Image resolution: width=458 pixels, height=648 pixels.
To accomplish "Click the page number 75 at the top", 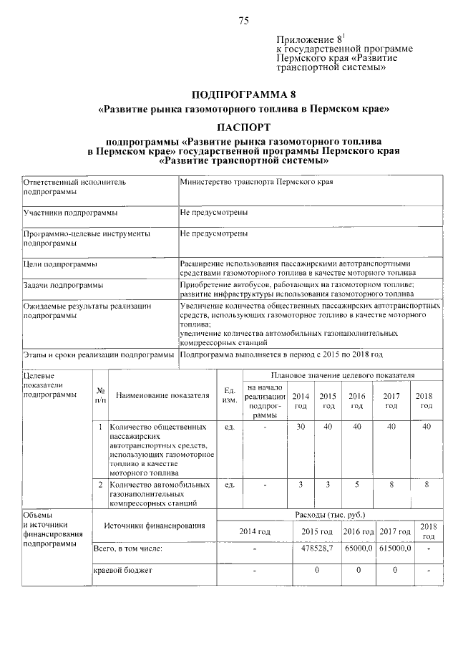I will tap(243, 21).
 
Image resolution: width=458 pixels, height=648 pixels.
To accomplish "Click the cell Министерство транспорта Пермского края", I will tap(256, 183).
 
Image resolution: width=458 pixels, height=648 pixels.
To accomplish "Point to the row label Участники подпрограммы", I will tap(70, 213).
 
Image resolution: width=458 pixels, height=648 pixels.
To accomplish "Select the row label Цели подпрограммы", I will tap(60, 264).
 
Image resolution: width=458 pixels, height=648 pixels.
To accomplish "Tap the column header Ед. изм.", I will tap(230, 395).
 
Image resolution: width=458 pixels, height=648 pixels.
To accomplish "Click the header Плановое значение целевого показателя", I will tap(341, 375).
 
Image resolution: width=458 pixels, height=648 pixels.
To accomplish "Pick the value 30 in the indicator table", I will tap(301, 427).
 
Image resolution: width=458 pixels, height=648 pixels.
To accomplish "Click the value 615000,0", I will tap(394, 548).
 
